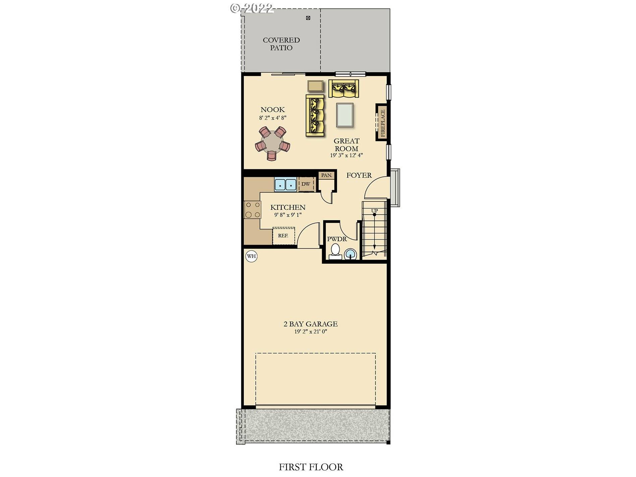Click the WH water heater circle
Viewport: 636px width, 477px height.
[x=251, y=256]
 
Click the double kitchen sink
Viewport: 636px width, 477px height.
[x=285, y=185]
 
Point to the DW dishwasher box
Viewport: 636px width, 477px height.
[x=306, y=184]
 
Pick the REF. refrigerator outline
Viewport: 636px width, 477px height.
[x=284, y=236]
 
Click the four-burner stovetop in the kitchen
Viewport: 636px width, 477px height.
[x=252, y=210]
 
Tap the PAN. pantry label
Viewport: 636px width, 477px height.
[x=326, y=175]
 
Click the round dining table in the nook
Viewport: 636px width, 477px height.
[x=272, y=144]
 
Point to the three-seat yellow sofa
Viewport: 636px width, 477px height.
[x=315, y=115]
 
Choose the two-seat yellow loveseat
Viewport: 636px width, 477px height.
[x=344, y=88]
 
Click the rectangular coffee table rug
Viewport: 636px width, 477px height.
[x=345, y=115]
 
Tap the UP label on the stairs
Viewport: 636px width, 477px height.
[x=374, y=211]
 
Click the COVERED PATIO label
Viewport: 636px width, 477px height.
[x=281, y=44]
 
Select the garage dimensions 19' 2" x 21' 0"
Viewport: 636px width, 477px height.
[x=311, y=332]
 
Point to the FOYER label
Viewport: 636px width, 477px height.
[x=359, y=175]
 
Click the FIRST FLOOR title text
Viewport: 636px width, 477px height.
[x=311, y=467]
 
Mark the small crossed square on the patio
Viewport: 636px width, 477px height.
[x=308, y=18]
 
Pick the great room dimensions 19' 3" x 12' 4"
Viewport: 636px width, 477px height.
[x=346, y=156]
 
